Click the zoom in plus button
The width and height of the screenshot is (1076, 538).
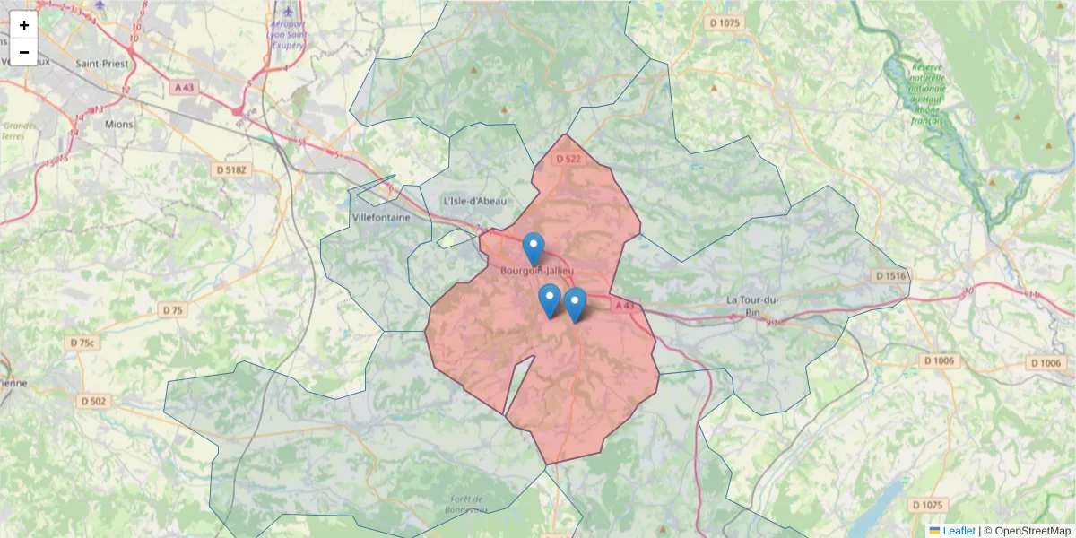click(x=24, y=25)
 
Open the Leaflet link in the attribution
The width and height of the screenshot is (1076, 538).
click(x=959, y=531)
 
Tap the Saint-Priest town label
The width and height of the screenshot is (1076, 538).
click(x=102, y=64)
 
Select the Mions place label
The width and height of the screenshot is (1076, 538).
click(x=118, y=124)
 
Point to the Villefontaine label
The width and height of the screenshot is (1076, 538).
click(x=381, y=218)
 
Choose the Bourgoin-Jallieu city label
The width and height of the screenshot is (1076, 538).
click(x=536, y=270)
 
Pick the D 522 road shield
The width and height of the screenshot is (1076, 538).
click(x=568, y=159)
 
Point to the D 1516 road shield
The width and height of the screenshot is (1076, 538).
click(x=889, y=275)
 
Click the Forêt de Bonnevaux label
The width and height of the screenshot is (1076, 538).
click(x=465, y=504)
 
